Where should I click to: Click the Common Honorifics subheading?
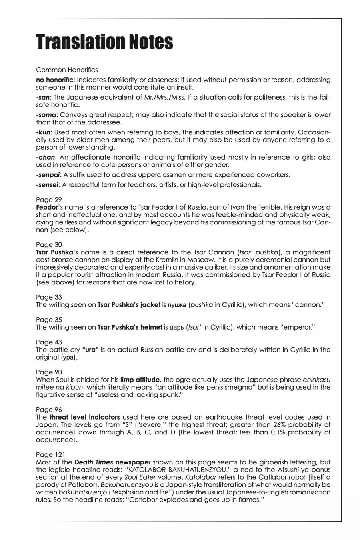tap(67, 70)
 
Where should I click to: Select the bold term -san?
tap(44, 97)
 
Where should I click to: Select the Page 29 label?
tap(49, 200)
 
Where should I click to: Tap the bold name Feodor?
tap(47, 207)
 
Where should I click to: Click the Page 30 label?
tap(49, 245)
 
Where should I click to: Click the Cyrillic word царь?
tap(176, 328)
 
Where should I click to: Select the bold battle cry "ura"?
tap(90, 350)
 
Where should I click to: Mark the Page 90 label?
tap(49, 372)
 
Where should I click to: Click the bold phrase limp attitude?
tap(140, 380)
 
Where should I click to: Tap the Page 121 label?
tap(50, 455)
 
